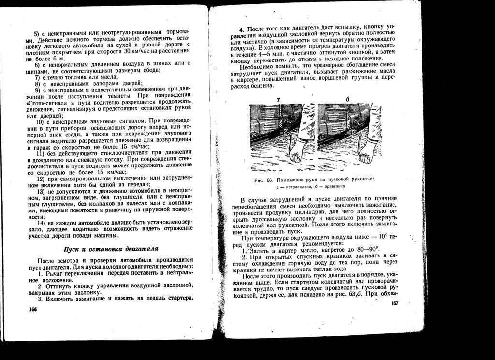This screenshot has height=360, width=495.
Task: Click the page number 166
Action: pos(33,309)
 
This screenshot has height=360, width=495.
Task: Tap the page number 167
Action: pos(394,303)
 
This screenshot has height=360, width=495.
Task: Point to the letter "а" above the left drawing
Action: pos(279,99)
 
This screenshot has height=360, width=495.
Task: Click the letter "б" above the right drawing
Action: pos(347,99)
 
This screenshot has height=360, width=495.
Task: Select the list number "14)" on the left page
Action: pos(42,223)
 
